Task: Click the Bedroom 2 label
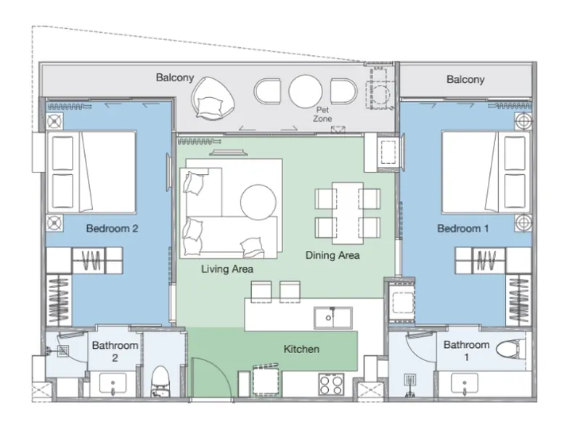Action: pos(112,228)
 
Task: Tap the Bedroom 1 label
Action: pos(462,228)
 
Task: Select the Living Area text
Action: pos(227,269)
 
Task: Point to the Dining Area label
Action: pos(333,255)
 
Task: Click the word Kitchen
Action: pos(301,349)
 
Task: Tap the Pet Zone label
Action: pos(322,115)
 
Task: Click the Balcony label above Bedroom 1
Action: pos(465,80)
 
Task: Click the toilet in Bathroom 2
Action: pos(160,381)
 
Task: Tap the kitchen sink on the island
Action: pos(333,318)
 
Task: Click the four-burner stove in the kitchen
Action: pos(331,384)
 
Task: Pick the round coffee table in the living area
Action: pos(258,202)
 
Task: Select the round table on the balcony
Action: pos(306,91)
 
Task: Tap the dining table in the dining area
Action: pos(348,213)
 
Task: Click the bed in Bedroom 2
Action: pos(91,172)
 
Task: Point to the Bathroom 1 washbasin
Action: pos(464,384)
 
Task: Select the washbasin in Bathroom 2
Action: pos(113,384)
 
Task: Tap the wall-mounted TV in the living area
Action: pos(227,152)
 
